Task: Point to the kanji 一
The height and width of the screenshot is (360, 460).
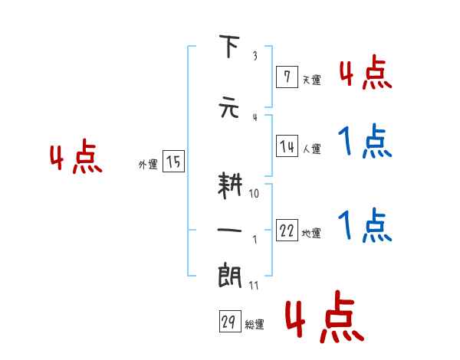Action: [229, 230]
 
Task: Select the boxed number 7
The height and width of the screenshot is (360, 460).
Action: [287, 77]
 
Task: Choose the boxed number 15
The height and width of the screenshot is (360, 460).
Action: [173, 162]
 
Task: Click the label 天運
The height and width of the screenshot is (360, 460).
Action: [311, 80]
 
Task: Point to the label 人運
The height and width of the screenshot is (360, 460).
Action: [311, 149]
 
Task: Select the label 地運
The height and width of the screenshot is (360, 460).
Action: [311, 234]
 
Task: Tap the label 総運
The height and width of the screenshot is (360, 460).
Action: [255, 325]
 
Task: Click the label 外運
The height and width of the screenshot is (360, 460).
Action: [147, 164]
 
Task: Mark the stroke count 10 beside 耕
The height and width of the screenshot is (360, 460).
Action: [255, 194]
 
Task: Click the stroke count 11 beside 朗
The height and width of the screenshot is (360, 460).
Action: [255, 285]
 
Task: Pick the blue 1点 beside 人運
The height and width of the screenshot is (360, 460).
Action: [365, 141]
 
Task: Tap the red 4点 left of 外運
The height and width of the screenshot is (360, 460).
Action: [75, 159]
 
